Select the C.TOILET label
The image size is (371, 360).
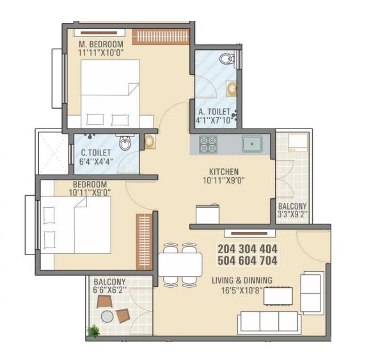[x=96, y=153]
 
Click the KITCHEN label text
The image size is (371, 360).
[x=224, y=171]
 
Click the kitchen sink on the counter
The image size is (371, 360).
[x=253, y=144]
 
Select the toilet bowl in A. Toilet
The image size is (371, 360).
[x=225, y=59]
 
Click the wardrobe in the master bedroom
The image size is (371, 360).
[x=162, y=35]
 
